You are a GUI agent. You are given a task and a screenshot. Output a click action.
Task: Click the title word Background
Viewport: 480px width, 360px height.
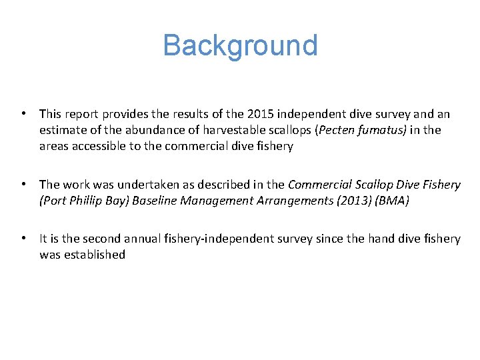coord(240,45)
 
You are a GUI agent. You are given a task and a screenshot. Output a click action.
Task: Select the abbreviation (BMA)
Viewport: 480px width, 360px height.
coord(392,201)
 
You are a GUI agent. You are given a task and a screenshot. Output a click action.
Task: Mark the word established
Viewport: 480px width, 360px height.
coord(94,255)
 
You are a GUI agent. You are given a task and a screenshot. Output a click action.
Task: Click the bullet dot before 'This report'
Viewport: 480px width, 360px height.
coord(23,114)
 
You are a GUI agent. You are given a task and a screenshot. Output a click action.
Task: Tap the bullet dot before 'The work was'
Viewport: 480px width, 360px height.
coord(23,185)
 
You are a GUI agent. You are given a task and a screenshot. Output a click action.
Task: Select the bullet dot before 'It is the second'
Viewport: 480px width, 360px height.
coord(23,239)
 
